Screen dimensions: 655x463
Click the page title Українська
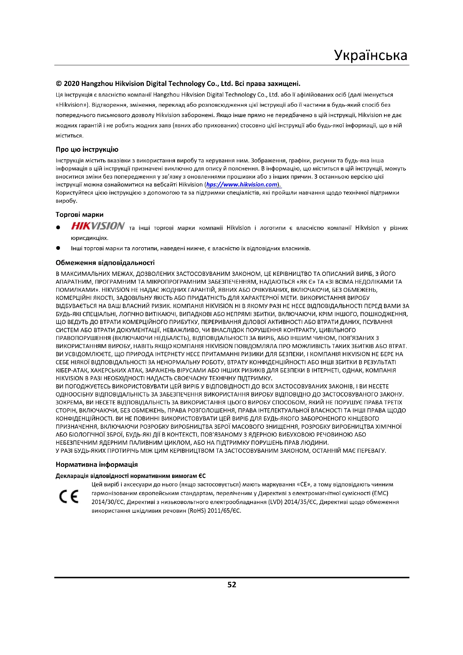(x=371, y=55)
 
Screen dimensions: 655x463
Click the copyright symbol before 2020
(x=59, y=83)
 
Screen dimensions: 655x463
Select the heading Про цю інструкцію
(x=87, y=150)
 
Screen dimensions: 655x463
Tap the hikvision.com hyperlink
(x=242, y=185)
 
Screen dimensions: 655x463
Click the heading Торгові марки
(x=79, y=215)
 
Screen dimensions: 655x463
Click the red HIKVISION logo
(x=98, y=226)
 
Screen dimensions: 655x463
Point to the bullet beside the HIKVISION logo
(x=58, y=228)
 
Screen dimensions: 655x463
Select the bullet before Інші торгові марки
(x=58, y=248)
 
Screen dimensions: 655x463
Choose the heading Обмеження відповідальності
(x=105, y=263)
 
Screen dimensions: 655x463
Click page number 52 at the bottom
(x=231, y=585)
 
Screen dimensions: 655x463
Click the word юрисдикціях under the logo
(x=90, y=238)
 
